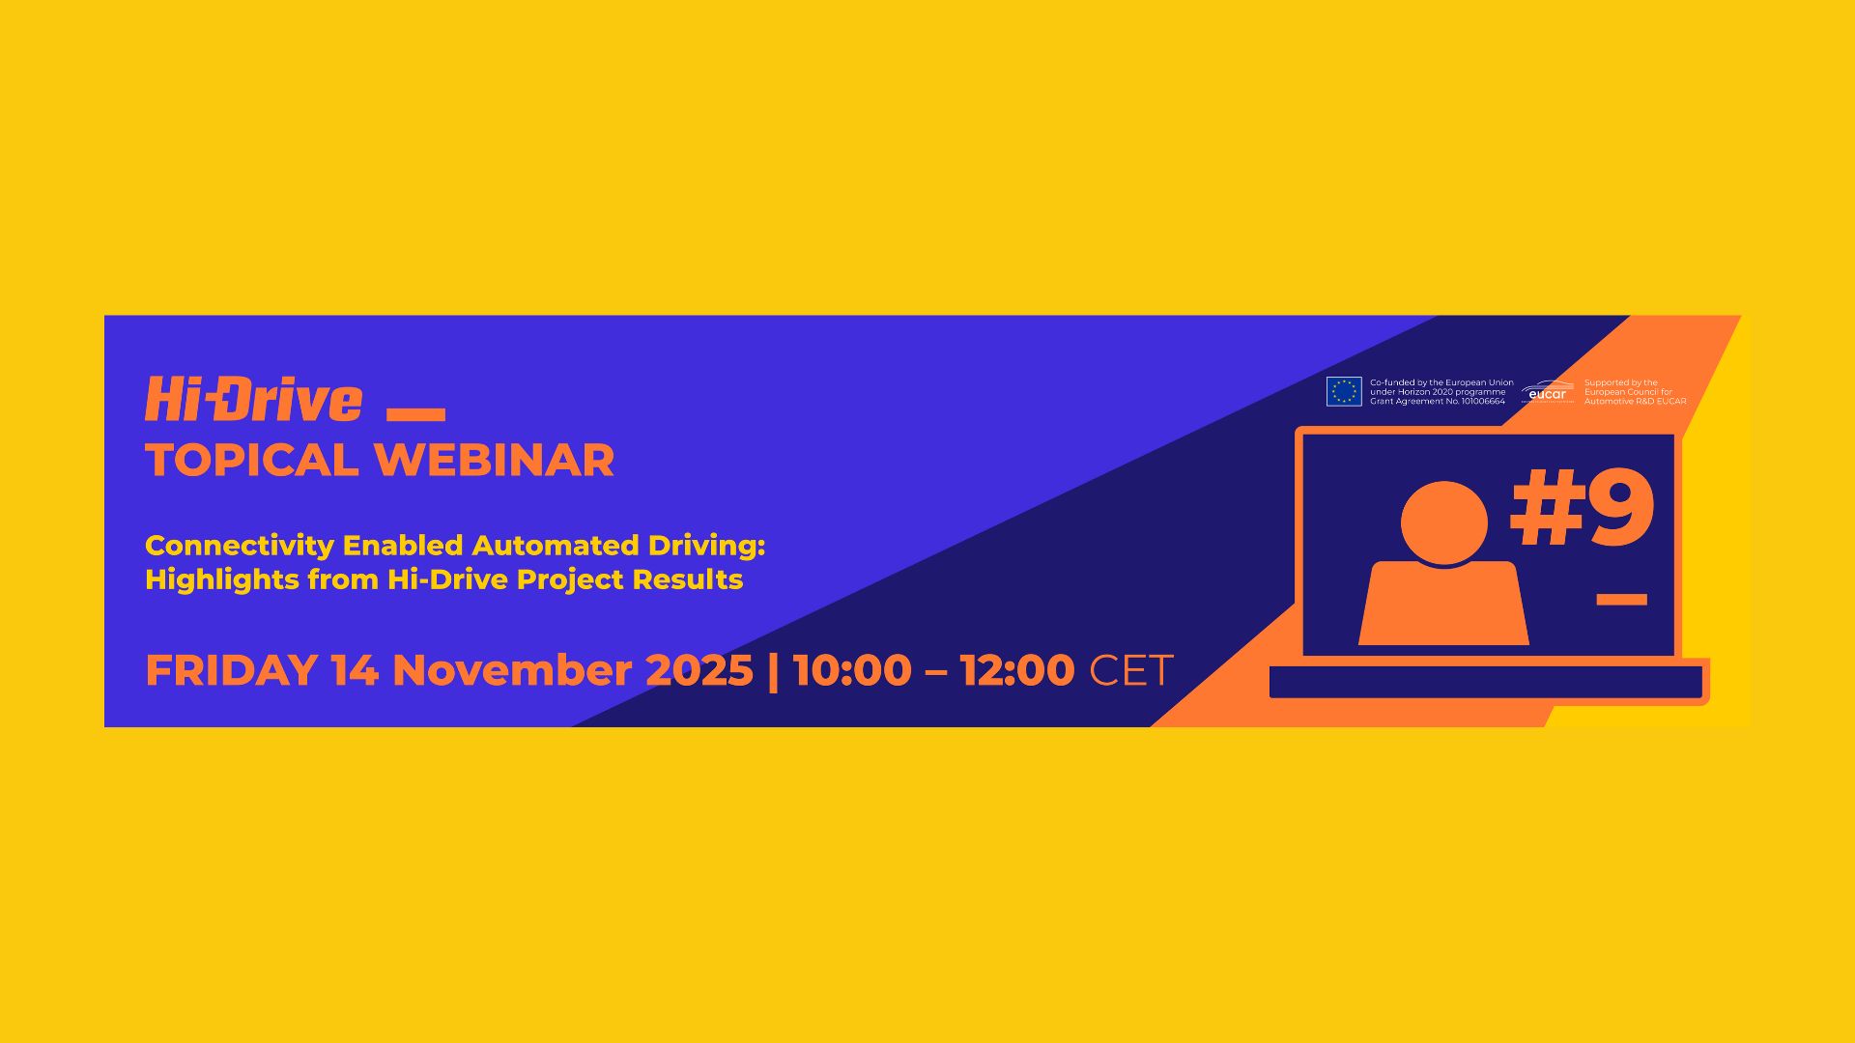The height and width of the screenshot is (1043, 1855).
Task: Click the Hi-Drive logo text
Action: coord(253,400)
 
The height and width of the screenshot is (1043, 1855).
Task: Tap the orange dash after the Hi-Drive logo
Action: coord(415,414)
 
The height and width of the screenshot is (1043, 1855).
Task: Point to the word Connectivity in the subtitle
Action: coord(239,546)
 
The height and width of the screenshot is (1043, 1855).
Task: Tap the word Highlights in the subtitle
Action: coord(221,579)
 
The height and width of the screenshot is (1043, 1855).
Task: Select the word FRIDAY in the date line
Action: coord(231,670)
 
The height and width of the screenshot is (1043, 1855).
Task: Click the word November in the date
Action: coord(511,670)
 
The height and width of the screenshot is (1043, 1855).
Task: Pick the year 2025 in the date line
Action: coord(699,670)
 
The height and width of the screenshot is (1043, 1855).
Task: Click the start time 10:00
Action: coord(851,670)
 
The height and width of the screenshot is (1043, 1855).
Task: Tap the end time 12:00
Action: coord(1016,670)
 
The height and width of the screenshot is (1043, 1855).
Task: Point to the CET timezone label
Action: coord(1130,670)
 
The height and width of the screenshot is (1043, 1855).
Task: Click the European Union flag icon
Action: coord(1343,391)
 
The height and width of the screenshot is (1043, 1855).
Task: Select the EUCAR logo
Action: coord(1547,392)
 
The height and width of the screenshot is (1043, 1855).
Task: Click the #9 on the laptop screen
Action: coord(1582,509)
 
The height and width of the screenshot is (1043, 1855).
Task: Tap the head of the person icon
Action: coord(1443,522)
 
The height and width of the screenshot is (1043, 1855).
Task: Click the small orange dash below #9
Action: coord(1620,600)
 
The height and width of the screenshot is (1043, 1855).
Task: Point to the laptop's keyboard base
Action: coord(1485,682)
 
